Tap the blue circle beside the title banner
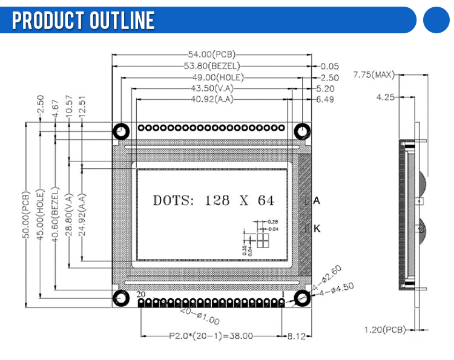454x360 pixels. [x=438, y=20]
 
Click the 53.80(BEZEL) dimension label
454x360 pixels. [x=212, y=66]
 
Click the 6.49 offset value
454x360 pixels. [x=324, y=99]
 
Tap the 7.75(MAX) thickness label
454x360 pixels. [x=373, y=75]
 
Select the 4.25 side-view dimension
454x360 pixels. [x=386, y=97]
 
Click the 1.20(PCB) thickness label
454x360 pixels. [x=385, y=330]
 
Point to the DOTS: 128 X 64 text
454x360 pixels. [x=213, y=200]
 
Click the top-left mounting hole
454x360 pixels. [x=121, y=131]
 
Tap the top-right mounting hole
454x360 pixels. [x=301, y=131]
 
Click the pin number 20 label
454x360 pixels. [x=140, y=294]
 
